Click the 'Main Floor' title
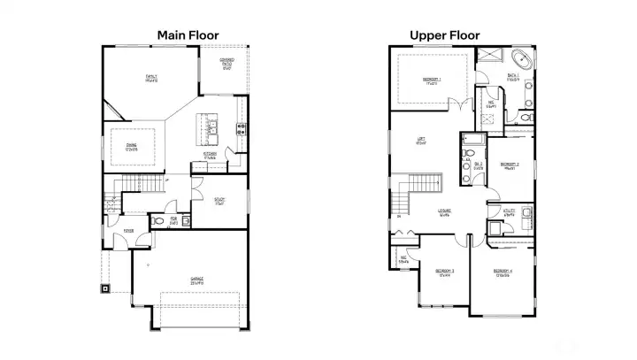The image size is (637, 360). (x=188, y=35)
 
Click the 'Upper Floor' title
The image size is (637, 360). (x=444, y=35)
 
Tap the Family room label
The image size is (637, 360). (x=152, y=79)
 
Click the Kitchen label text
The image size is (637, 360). (x=210, y=155)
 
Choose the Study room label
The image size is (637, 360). (x=219, y=200)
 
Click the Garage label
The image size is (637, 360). (x=196, y=280)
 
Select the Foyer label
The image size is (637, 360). (x=128, y=231)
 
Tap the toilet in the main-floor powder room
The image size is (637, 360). (x=159, y=220)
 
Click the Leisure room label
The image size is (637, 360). (x=444, y=211)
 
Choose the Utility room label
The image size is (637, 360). (x=509, y=212)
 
